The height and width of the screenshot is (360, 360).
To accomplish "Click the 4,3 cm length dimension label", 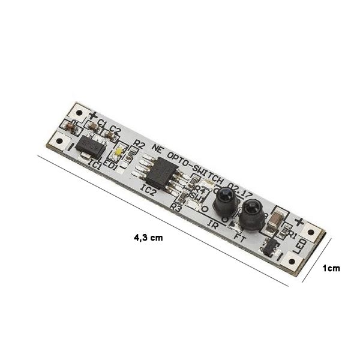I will tap(148, 238).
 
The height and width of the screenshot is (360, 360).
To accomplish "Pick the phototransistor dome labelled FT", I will tap(252, 214).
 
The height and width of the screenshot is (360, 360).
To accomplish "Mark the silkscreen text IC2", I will tap(148, 191).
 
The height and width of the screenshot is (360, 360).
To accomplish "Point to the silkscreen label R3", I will tap(176, 207).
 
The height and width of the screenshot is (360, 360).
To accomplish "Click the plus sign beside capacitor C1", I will tap(93, 115).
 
